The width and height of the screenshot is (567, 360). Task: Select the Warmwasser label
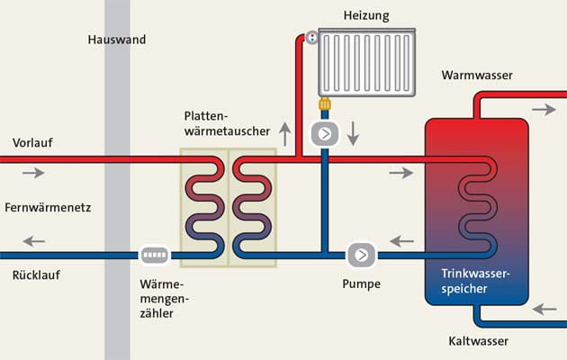pyautogui.click(x=477, y=76)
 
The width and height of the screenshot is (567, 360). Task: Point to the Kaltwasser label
pyautogui.click(x=479, y=341)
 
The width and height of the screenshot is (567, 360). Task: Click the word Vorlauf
pyautogui.click(x=32, y=143)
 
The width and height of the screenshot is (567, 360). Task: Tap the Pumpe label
pyautogui.click(x=361, y=283)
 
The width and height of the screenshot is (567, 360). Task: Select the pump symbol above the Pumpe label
pyautogui.click(x=361, y=255)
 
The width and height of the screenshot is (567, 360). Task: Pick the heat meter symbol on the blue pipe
pyautogui.click(x=155, y=255)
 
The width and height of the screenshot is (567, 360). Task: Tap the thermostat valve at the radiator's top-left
pyautogui.click(x=310, y=38)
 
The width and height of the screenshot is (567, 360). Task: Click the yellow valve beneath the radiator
pyautogui.click(x=324, y=104)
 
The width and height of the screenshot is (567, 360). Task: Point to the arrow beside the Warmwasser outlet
pyautogui.click(x=544, y=109)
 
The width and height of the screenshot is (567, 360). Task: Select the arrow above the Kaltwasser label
pyautogui.click(x=544, y=309)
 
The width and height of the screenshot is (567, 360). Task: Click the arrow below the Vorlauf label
pyautogui.click(x=32, y=172)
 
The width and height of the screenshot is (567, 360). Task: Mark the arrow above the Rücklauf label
pyautogui.click(x=33, y=241)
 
